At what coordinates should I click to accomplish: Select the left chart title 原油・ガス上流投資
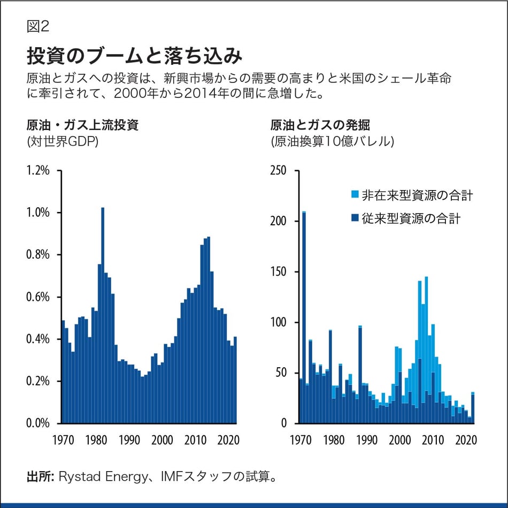pos(83,126)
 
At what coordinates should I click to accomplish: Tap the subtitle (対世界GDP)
pos(62,142)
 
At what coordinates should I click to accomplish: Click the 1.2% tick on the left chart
pos(38,171)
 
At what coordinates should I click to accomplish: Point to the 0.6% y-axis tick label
pos(38,297)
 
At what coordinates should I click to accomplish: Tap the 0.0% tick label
pos(38,423)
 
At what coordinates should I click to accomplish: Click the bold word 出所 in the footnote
pos(39,476)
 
